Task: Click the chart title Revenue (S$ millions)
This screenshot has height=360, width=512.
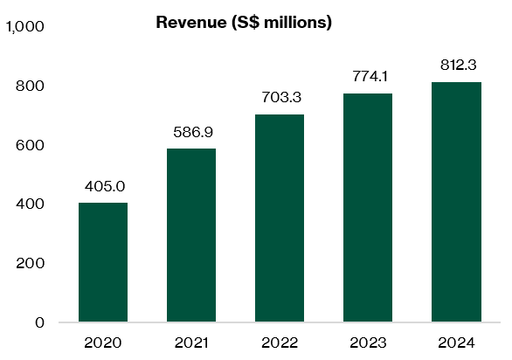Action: click(x=244, y=23)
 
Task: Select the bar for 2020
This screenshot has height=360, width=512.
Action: click(x=103, y=262)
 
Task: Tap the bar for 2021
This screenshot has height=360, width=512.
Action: click(x=191, y=235)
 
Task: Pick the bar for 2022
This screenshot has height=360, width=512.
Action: click(x=280, y=218)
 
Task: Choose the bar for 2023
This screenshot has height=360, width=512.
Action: click(x=368, y=207)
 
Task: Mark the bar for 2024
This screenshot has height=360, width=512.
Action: click(x=456, y=202)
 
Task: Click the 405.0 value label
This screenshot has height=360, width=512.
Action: click(x=103, y=186)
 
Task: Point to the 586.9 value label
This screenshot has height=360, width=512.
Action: click(x=191, y=132)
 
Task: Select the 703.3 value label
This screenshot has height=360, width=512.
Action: click(x=280, y=98)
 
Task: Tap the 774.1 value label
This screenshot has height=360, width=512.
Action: click(x=368, y=77)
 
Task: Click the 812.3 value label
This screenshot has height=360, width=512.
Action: click(x=456, y=66)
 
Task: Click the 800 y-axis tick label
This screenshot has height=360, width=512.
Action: click(x=31, y=86)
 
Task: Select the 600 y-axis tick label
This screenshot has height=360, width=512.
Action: click(x=31, y=145)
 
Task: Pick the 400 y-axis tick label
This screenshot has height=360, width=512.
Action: click(x=31, y=204)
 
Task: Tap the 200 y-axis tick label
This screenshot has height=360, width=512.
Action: click(x=31, y=263)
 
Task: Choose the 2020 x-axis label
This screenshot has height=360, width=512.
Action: click(x=103, y=342)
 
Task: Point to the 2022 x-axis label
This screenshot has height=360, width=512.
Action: click(x=280, y=342)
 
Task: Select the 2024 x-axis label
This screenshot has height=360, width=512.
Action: click(x=456, y=342)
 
